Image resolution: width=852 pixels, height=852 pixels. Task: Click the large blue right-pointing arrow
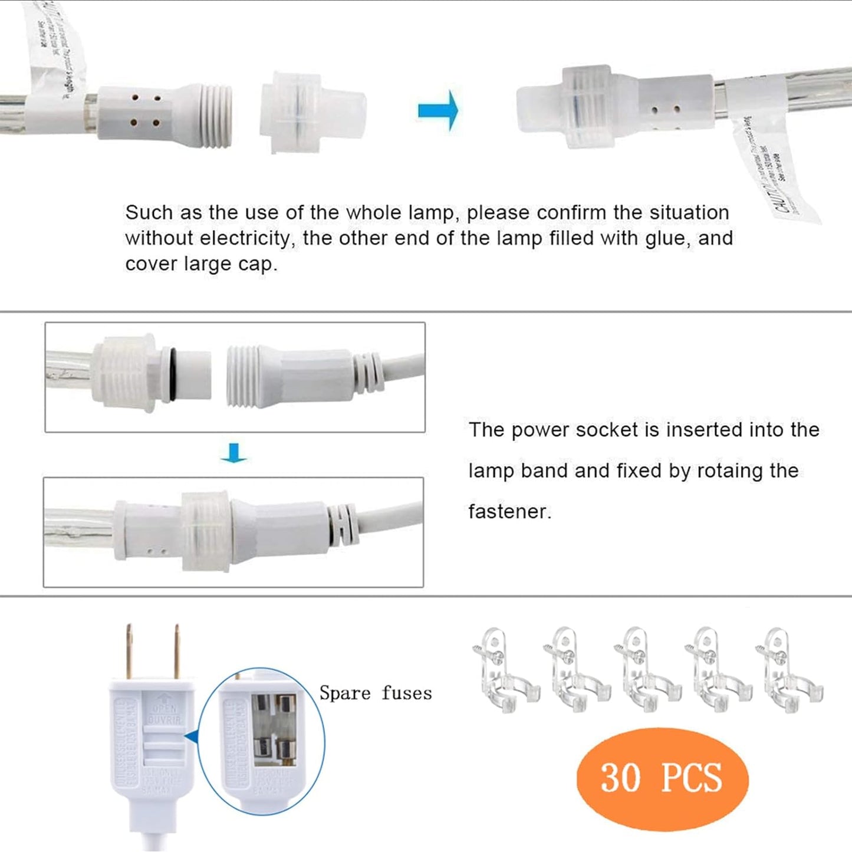(x=437, y=110)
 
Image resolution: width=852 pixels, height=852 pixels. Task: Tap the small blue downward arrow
(x=234, y=453)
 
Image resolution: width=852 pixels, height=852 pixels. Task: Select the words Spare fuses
(x=376, y=693)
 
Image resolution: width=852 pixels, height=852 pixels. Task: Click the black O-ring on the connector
(x=170, y=376)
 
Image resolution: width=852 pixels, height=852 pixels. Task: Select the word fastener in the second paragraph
(x=508, y=512)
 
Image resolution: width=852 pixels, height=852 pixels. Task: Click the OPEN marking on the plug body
(x=165, y=709)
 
